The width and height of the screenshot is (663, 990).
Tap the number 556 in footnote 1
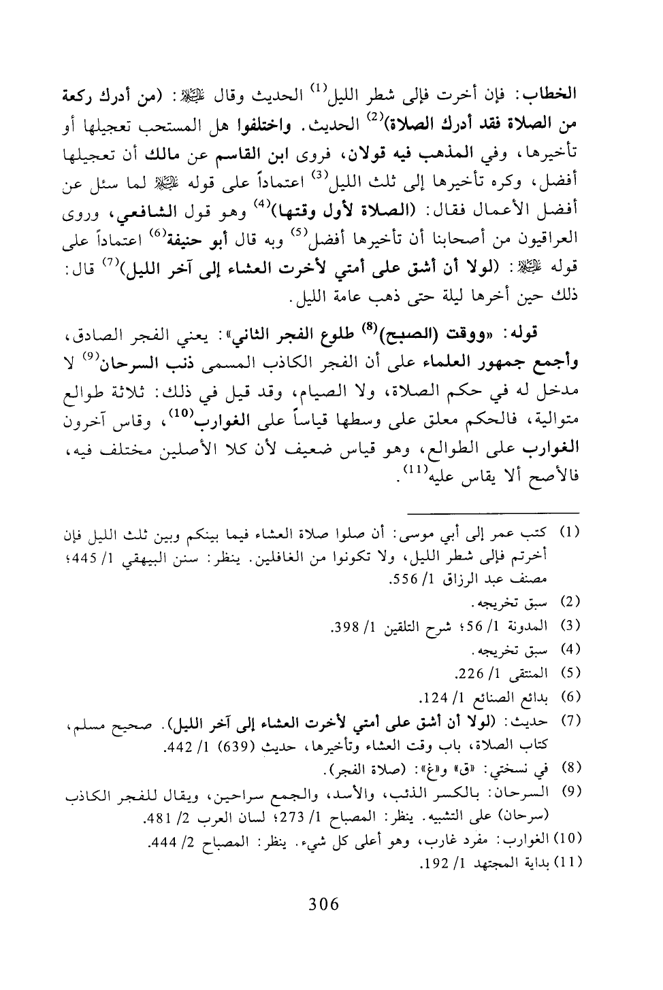pos(402,582)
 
